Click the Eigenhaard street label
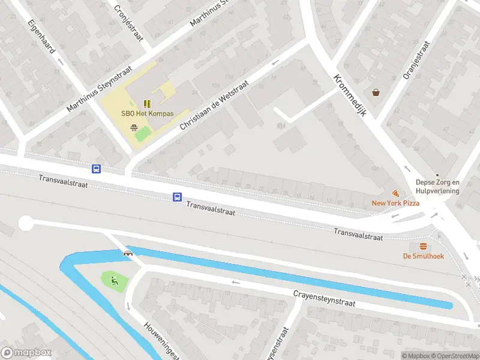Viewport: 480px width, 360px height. pyautogui.click(x=41, y=37)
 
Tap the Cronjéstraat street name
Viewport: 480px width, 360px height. pyautogui.click(x=129, y=21)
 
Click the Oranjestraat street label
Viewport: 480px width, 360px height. pyautogui.click(x=418, y=60)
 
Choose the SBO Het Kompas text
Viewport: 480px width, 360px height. pyautogui.click(x=146, y=114)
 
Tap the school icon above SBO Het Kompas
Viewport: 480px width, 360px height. pyautogui.click(x=147, y=103)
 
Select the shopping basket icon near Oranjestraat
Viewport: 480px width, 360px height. pyautogui.click(x=376, y=92)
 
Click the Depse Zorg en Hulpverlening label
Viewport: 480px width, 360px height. pyautogui.click(x=437, y=187)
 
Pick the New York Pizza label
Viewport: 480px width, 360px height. pyautogui.click(x=395, y=203)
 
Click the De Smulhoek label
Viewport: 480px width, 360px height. pyautogui.click(x=423, y=256)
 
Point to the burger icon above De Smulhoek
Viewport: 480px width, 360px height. pyautogui.click(x=424, y=246)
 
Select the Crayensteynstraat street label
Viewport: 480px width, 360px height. pyautogui.click(x=324, y=299)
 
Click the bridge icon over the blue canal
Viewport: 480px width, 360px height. pyautogui.click(x=128, y=253)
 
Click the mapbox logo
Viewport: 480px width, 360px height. pyautogui.click(x=26, y=353)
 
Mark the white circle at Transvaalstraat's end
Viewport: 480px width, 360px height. pyautogui.click(x=25, y=224)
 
